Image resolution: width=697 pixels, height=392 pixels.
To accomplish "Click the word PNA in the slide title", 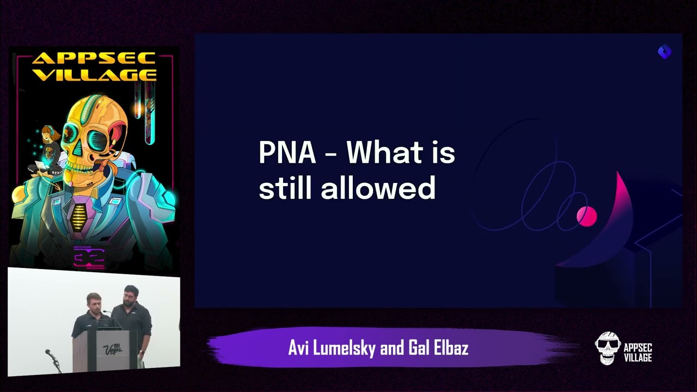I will point(287,153).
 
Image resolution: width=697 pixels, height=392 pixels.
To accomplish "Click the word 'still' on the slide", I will point(286,188).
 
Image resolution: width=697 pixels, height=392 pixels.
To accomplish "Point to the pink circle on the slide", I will point(586,216).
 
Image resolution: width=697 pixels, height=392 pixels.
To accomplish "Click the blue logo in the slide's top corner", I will point(664,52).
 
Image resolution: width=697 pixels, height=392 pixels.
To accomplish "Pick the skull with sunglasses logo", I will point(608,347).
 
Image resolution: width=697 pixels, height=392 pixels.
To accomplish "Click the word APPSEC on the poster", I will point(94,59).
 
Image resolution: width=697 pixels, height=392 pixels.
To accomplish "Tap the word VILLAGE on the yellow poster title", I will point(94,74).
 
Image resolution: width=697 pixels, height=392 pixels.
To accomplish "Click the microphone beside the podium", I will point(51,354).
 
